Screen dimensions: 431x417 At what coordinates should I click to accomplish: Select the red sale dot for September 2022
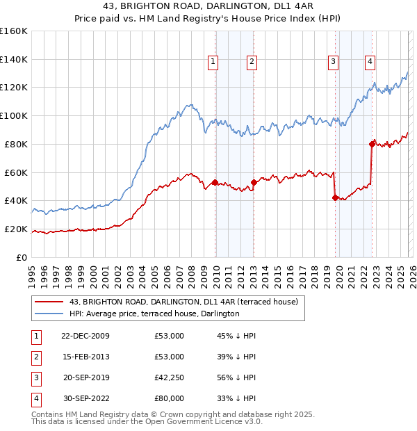(372, 144)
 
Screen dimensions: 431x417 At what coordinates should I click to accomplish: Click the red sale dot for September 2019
(335, 197)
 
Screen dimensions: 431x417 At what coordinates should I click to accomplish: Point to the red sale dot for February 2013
(254, 182)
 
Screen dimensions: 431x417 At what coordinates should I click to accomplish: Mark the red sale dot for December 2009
(215, 182)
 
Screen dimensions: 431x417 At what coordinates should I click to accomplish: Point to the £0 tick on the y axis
(21, 257)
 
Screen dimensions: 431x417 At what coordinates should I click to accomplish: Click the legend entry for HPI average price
(154, 314)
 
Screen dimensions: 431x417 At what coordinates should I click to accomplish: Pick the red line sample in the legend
(49, 302)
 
